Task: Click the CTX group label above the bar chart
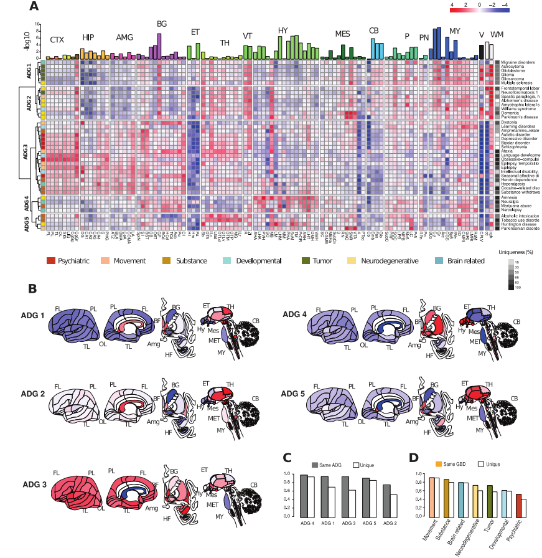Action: pyautogui.click(x=57, y=40)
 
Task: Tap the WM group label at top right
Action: pyautogui.click(x=497, y=34)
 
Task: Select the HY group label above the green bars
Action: pyautogui.click(x=283, y=29)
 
